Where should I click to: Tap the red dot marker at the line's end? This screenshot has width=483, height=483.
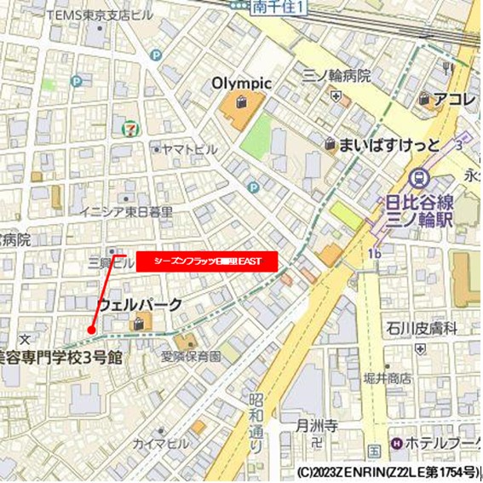(91, 330)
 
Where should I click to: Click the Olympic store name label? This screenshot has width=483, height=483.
(241, 83)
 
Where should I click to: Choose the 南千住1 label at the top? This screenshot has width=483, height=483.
(279, 7)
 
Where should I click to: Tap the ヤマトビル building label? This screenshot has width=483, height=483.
(189, 150)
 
